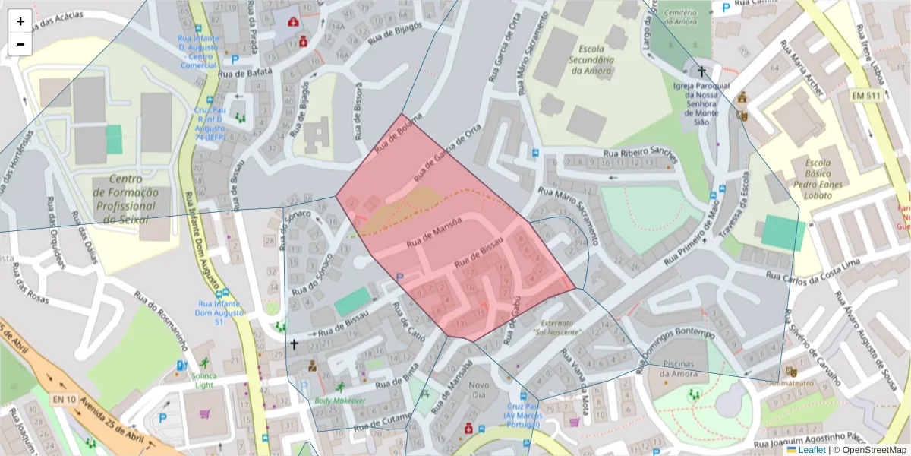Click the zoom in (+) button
[x=20, y=21]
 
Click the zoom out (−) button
[x=20, y=44]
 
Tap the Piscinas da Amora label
[x=679, y=369]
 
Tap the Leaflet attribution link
[x=810, y=450]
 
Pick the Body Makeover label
[x=340, y=401]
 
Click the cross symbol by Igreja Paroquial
[x=701, y=72]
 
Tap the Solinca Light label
[x=204, y=380]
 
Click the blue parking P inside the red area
[x=399, y=277]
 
